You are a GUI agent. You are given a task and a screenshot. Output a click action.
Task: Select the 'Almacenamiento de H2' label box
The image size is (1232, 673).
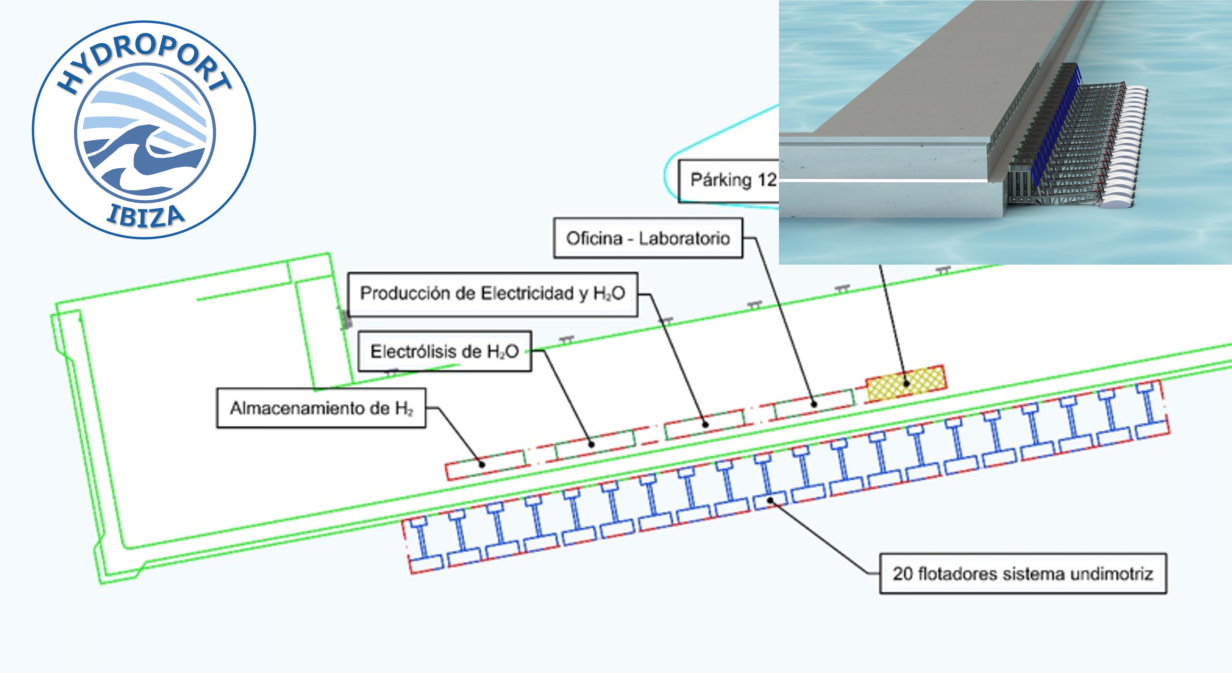321,408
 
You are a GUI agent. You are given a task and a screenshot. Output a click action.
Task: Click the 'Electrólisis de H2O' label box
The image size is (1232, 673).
444,351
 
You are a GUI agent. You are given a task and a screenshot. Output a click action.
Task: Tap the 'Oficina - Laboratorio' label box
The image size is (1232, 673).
648,238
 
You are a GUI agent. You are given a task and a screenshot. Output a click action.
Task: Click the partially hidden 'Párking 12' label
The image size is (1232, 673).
729,180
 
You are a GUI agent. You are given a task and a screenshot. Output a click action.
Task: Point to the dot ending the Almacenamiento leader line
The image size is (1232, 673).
482,464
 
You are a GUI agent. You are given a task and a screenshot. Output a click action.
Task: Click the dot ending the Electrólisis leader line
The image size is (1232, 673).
592,444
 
